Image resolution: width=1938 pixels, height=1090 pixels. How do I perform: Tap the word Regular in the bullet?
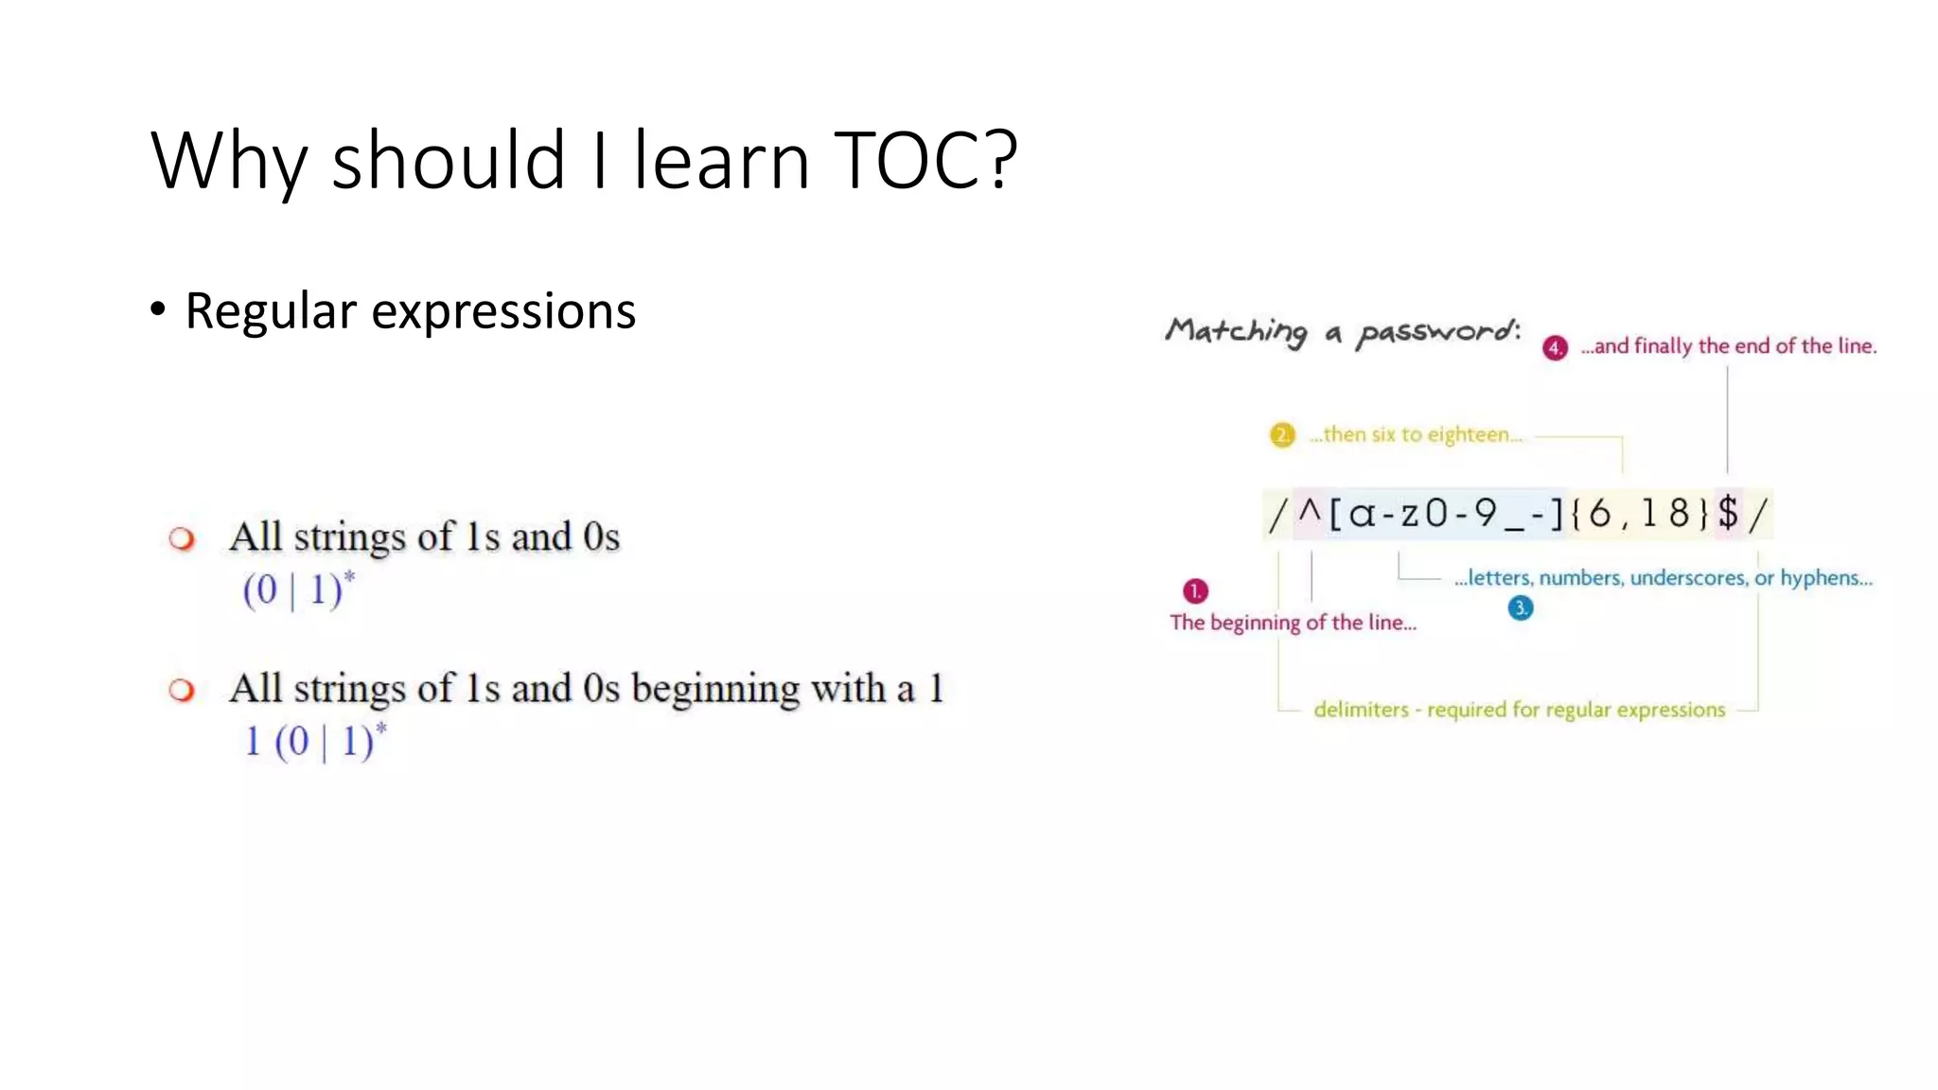(x=271, y=311)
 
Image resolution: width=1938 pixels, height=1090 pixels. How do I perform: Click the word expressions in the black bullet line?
(x=503, y=311)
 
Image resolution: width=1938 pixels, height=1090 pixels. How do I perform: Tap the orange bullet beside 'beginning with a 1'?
(x=182, y=691)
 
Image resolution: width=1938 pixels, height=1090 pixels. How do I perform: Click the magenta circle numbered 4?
(x=1555, y=348)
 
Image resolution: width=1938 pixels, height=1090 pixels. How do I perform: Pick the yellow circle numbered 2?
(x=1282, y=435)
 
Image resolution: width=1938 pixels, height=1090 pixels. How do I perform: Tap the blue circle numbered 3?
(x=1520, y=608)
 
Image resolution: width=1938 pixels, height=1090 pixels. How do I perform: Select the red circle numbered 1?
(x=1195, y=591)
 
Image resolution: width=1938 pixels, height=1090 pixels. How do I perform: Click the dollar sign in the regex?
(x=1728, y=514)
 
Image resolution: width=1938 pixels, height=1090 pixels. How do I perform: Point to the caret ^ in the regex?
(x=1310, y=513)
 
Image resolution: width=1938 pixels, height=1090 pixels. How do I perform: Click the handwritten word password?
(x=1438, y=332)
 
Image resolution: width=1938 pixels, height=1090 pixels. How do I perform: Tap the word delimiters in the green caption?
(x=1361, y=710)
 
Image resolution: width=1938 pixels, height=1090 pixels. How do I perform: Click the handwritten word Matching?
(x=1236, y=330)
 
